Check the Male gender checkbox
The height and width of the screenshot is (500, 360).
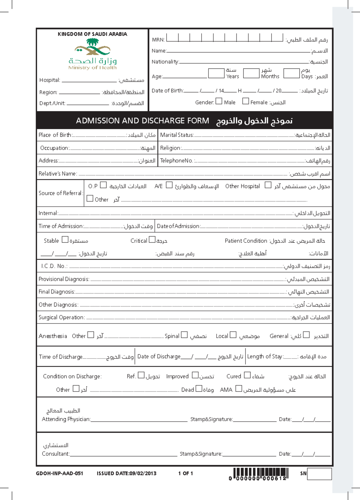pyautogui.click(x=219, y=101)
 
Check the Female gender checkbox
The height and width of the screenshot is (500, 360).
pyautogui.click(x=245, y=101)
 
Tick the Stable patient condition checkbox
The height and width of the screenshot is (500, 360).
pyautogui.click(x=65, y=240)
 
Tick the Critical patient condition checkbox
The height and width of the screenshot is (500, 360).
pyautogui.click(x=152, y=240)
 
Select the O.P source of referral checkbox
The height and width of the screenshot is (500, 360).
pyautogui.click(x=103, y=185)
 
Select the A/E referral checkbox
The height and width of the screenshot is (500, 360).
pyautogui.click(x=169, y=185)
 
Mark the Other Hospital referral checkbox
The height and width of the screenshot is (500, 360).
pyautogui.click(x=268, y=185)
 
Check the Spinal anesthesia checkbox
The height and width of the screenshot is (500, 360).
pyautogui.click(x=184, y=335)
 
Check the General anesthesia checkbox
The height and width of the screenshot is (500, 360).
pyautogui.click(x=306, y=335)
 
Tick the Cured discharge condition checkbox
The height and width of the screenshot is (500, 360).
pyautogui.click(x=247, y=375)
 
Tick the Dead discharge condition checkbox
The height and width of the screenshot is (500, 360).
pyautogui.click(x=199, y=389)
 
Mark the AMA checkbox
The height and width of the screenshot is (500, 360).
pyautogui.click(x=238, y=389)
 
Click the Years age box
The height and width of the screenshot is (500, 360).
pyautogui.click(x=216, y=73)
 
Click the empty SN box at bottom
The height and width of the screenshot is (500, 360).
pyautogui.click(x=319, y=474)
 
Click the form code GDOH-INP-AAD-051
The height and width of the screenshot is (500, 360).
pyautogui.click(x=59, y=474)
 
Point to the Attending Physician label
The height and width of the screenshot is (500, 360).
pyautogui.click(x=66, y=419)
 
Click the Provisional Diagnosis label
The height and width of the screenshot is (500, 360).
pyautogui.click(x=64, y=279)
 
